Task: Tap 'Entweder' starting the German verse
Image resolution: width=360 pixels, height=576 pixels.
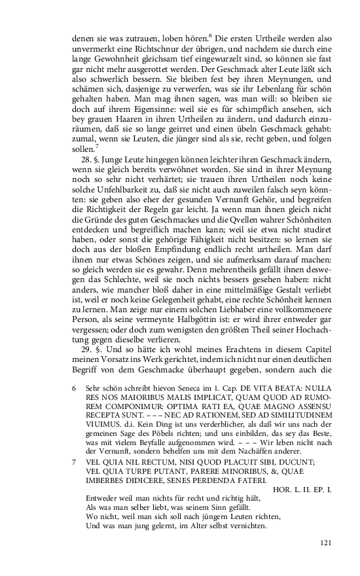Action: [x=101, y=497]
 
